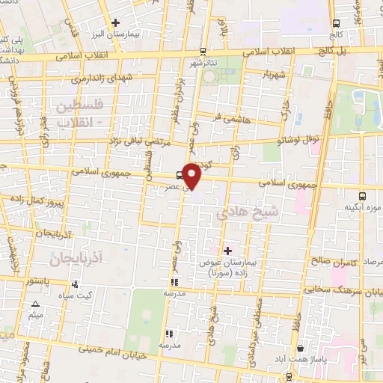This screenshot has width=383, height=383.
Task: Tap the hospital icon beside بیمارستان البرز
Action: coord(114,24)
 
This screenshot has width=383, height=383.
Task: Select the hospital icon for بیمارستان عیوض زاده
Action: coord(227,250)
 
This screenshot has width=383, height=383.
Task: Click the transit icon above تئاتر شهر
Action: coord(203,52)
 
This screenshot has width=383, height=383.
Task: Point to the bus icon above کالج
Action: coord(334,23)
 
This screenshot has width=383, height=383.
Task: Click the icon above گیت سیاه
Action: coord(75,284)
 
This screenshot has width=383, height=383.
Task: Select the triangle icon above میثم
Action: coord(36,304)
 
